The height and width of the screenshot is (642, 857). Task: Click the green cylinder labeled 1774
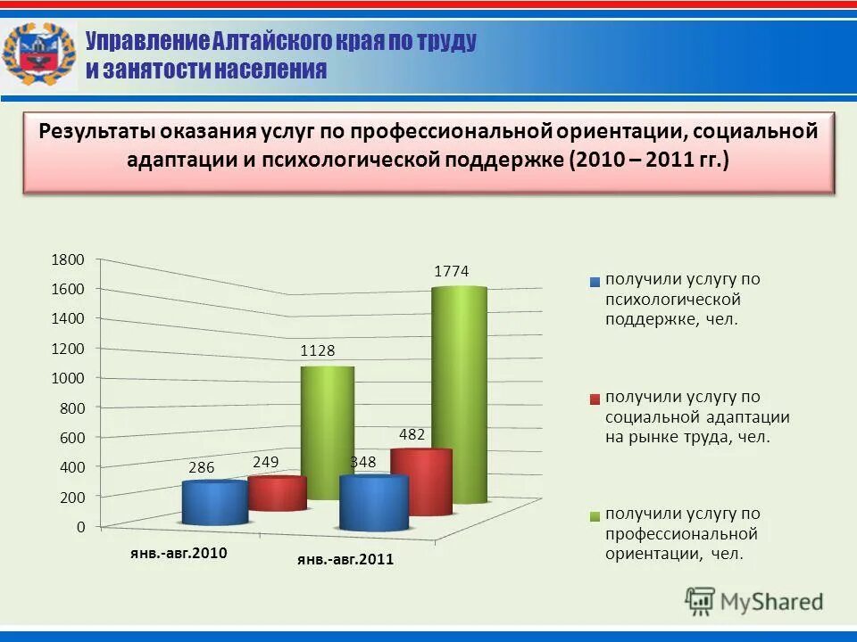459,392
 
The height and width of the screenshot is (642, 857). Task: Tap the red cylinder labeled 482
421,481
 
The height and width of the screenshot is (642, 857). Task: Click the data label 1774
452,271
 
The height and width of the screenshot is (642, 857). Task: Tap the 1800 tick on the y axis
67,259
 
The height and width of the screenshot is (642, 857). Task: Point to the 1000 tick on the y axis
67,378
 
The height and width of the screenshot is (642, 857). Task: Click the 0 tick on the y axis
80,527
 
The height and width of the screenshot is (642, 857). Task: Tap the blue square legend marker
595,282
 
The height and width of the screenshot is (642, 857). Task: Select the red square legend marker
595,399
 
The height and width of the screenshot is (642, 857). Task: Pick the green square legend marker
595,516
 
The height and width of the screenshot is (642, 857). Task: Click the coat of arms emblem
38,55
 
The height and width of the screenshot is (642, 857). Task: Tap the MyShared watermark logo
754,601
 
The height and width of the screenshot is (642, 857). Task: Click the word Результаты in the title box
97,131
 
